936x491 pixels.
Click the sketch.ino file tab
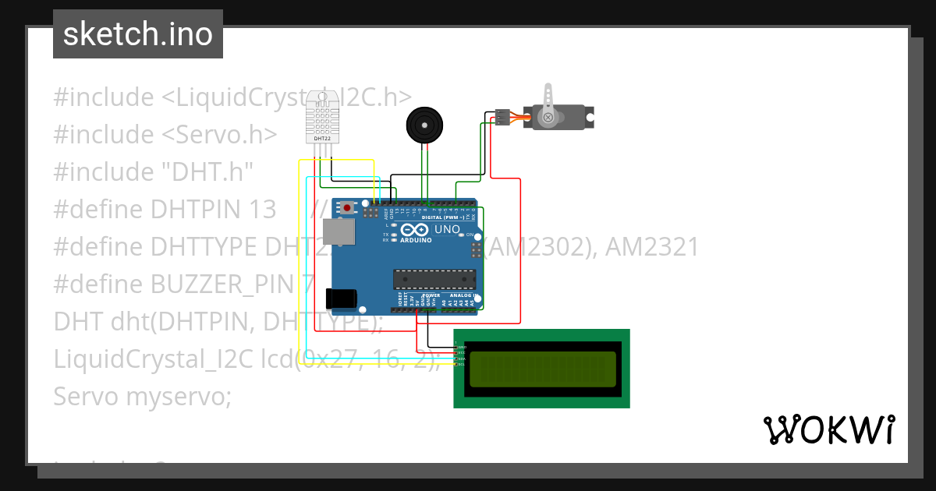pyautogui.click(x=137, y=34)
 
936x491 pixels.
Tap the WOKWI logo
pyautogui.click(x=828, y=429)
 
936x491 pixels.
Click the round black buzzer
pyautogui.click(x=424, y=125)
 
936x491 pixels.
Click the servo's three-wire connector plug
pyautogui.click(x=502, y=117)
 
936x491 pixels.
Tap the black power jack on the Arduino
pyautogui.click(x=341, y=298)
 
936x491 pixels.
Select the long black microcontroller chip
pyautogui.click(x=434, y=279)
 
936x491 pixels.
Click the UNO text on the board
pyautogui.click(x=446, y=230)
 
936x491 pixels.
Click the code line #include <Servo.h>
pyautogui.click(x=165, y=135)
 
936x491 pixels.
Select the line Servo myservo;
pyautogui.click(x=143, y=397)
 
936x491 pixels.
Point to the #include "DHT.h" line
pyautogui.click(x=153, y=172)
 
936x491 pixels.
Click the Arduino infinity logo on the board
pyautogui.click(x=416, y=230)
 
